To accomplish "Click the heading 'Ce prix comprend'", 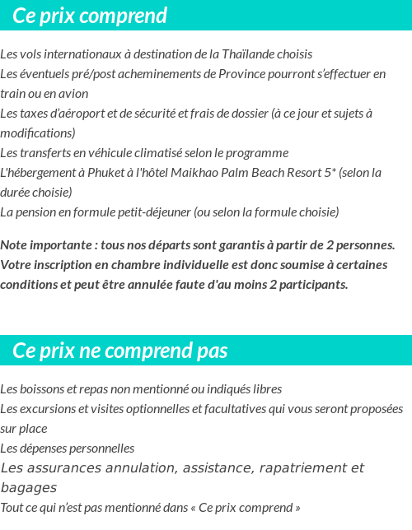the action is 90,16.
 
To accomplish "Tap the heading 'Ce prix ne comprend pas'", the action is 119,351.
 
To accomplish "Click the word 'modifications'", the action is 37,133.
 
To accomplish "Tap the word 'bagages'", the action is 28,488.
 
